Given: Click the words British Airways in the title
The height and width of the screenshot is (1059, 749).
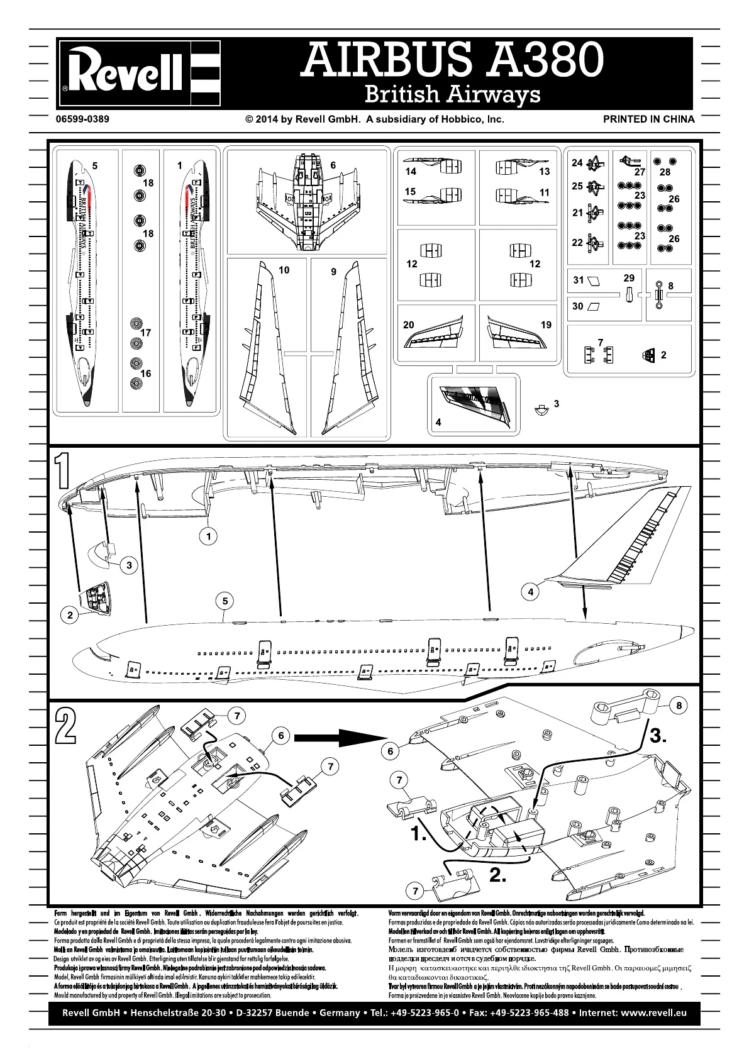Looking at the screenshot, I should (452, 94).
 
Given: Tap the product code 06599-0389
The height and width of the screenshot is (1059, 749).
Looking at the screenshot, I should (82, 119).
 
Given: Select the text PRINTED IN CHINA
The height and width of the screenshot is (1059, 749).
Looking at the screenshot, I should (648, 119).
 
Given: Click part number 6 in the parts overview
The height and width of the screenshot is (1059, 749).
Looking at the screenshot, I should (333, 165).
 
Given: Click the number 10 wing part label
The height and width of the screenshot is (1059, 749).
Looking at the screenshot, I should (284, 270).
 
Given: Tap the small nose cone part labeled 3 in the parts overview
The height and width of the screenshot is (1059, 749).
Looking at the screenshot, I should (540, 409).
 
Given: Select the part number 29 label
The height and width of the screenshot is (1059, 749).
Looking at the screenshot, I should (629, 278).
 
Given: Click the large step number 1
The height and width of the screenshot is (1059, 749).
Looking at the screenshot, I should (62, 471).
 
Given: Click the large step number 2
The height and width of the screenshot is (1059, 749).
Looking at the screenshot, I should (65, 724).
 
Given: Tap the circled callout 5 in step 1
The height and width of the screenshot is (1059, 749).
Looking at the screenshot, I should (225, 601).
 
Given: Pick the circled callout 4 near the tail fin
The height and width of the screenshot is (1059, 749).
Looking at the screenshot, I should (531, 592).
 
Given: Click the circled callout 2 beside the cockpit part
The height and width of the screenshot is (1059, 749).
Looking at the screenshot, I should (70, 615).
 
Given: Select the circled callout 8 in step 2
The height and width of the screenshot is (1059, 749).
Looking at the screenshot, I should (679, 706).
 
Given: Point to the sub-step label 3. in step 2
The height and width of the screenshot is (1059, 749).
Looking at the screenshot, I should (657, 736).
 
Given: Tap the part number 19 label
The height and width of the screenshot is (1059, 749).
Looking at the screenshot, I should (546, 324).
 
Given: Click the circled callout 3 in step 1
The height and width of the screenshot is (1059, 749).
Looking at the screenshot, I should (129, 565).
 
